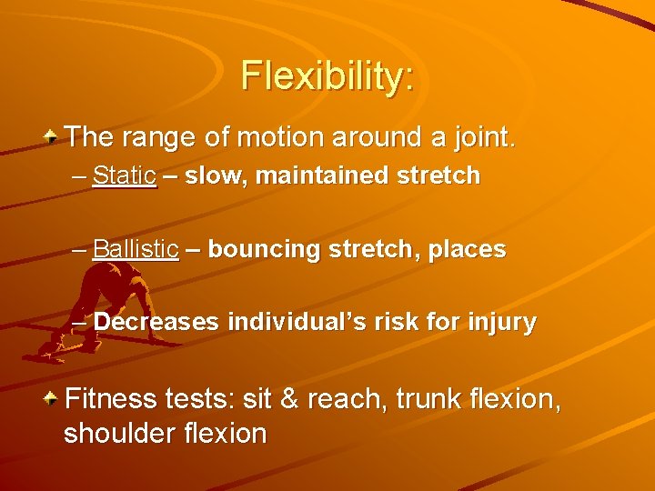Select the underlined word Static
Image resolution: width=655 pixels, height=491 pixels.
[x=124, y=175]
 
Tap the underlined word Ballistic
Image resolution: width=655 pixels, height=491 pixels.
[x=136, y=249]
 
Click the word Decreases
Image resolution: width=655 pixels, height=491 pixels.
[x=156, y=322]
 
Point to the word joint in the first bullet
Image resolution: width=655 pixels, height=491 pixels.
[x=484, y=138]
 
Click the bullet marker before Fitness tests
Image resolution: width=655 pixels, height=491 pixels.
[x=53, y=398]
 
